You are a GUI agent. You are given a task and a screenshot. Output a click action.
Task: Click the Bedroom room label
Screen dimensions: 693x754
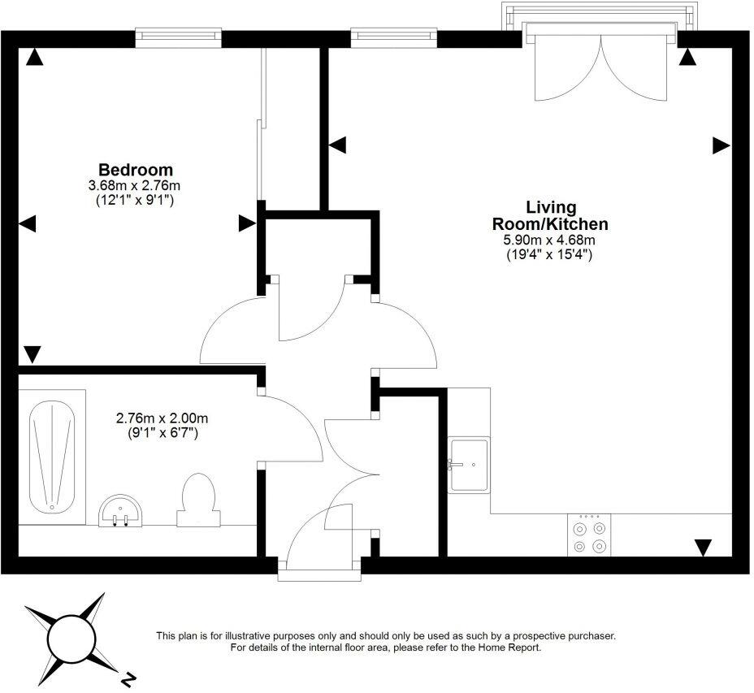(136, 170)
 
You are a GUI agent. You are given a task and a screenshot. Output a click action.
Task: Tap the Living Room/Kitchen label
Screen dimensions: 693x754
(550, 215)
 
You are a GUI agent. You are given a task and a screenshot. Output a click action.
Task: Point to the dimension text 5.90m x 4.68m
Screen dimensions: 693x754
(550, 240)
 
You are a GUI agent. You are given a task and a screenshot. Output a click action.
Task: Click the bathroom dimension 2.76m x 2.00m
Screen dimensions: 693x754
(162, 418)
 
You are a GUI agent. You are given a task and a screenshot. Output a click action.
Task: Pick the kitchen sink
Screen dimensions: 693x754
(469, 465)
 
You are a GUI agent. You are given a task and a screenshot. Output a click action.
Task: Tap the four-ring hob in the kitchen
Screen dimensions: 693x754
(589, 535)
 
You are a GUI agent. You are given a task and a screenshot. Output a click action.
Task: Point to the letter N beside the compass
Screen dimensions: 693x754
(128, 677)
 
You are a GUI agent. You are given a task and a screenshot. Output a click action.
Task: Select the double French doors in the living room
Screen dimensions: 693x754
(600, 65)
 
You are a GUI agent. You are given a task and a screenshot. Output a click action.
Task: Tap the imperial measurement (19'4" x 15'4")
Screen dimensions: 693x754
(550, 254)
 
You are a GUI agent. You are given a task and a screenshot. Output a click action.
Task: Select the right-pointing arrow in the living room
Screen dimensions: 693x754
(721, 145)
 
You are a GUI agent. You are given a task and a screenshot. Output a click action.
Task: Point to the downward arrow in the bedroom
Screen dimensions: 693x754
(32, 354)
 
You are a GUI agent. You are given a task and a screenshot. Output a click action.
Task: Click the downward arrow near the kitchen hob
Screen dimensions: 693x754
(703, 548)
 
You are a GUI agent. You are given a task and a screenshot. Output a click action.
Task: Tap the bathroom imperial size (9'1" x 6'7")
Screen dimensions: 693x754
(162, 433)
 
